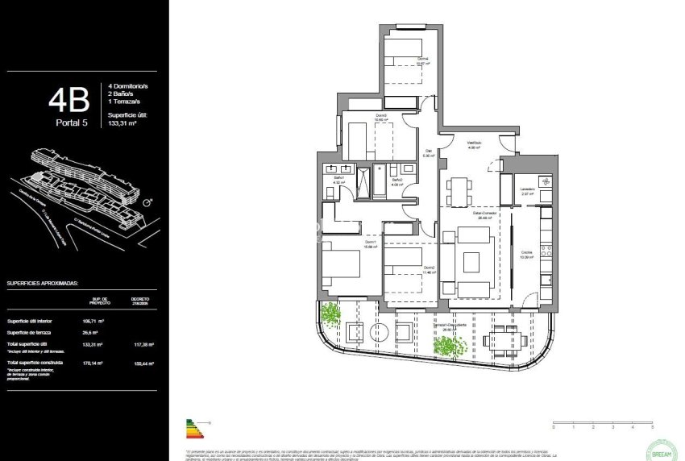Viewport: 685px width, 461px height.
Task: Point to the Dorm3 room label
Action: tap(380, 117)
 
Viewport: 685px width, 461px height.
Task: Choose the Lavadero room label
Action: tap(528, 190)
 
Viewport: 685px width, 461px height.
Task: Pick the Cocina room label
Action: tap(526, 254)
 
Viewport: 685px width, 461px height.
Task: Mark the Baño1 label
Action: tap(339, 179)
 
